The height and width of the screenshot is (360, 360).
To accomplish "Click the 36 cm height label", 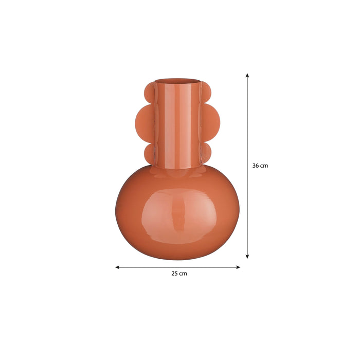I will click(260, 166).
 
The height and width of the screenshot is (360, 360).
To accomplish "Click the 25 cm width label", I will click(179, 274).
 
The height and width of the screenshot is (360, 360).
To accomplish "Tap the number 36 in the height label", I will click(256, 166).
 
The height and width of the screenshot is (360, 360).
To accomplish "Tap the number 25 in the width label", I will click(175, 274).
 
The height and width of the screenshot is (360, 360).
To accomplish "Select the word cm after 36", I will click(264, 166).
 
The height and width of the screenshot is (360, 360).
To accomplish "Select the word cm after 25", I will click(183, 274).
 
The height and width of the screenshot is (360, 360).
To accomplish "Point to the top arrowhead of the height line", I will click(247, 75).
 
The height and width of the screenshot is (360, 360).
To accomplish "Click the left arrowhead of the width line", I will click(118, 267).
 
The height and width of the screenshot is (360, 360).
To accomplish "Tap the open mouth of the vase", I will click(176, 81).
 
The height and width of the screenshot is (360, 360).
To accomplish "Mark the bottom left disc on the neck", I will click(149, 152).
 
